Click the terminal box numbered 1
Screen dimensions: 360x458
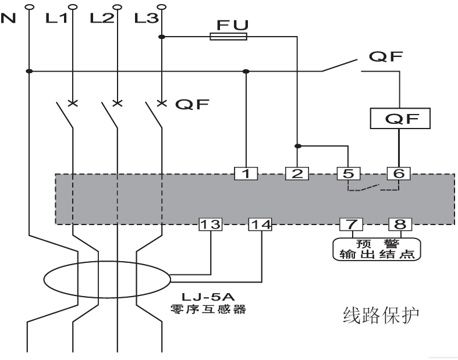(x=247, y=173)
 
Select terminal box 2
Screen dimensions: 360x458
(x=297, y=173)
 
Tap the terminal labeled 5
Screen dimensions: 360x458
(x=348, y=173)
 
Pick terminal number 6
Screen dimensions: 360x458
(x=399, y=173)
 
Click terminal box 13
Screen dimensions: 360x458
(x=211, y=224)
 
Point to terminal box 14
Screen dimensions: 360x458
(x=261, y=224)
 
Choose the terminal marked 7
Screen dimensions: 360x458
(x=351, y=224)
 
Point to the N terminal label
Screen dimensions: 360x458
(x=8, y=19)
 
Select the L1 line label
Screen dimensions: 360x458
(x=56, y=19)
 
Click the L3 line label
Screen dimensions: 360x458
(x=145, y=19)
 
